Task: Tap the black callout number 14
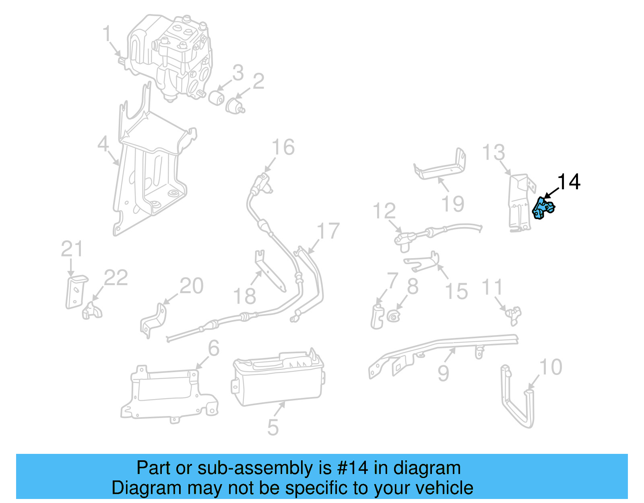(x=569, y=182)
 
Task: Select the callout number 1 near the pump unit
(x=107, y=34)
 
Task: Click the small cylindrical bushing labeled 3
(x=217, y=98)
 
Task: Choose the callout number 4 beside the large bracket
(x=103, y=144)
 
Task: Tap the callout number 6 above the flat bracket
(x=214, y=348)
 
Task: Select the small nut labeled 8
(x=393, y=315)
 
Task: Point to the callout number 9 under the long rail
(x=443, y=373)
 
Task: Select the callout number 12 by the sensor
(x=384, y=211)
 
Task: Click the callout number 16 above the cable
(x=283, y=147)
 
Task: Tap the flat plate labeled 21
(x=75, y=292)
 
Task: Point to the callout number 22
(x=116, y=278)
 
